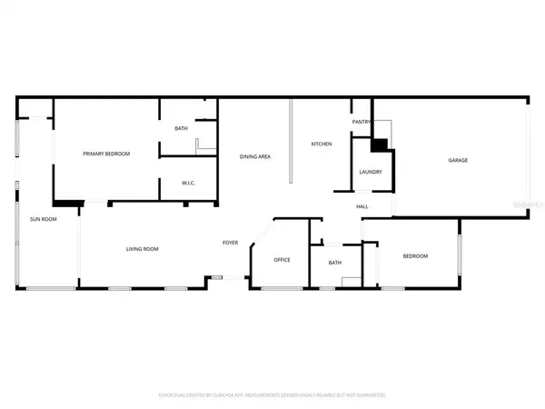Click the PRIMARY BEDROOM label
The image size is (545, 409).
(x=107, y=154)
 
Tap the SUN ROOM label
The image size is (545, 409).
(x=44, y=219)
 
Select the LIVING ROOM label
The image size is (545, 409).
(x=143, y=249)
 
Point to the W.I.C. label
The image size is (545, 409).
(x=188, y=184)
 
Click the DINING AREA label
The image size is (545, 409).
(x=255, y=157)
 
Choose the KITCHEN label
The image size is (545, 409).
(x=322, y=144)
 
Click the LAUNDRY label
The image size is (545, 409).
(x=370, y=172)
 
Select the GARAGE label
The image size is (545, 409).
(x=458, y=160)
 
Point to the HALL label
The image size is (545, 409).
(x=362, y=206)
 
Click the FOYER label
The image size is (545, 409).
(x=231, y=242)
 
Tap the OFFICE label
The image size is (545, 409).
(x=282, y=260)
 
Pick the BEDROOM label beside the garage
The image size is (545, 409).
(x=415, y=256)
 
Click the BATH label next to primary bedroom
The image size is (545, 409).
(x=182, y=128)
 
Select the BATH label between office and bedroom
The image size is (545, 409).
(x=334, y=263)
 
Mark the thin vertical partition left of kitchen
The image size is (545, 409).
(x=290, y=141)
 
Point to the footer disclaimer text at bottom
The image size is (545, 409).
(x=272, y=396)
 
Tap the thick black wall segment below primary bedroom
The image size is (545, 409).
(x=69, y=203)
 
